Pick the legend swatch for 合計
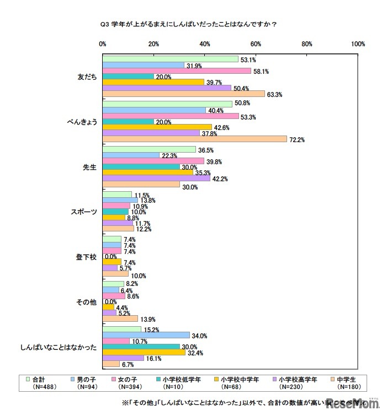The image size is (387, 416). (x=28, y=379)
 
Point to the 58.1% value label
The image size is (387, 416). (x=260, y=71)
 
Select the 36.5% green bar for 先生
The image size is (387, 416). (x=149, y=149)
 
